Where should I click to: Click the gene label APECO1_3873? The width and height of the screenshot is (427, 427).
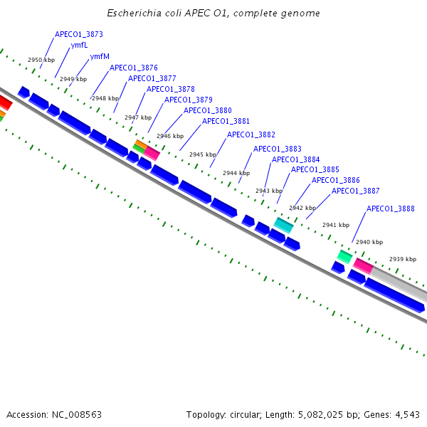coord(78,34)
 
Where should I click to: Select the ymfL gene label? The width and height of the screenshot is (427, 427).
coord(79,46)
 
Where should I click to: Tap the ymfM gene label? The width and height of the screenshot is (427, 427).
coord(100,57)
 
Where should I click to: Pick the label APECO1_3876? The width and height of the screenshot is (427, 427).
coord(133,68)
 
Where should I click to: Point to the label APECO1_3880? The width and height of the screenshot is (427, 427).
coord(208,110)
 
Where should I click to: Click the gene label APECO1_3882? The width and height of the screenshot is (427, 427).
coord(251,135)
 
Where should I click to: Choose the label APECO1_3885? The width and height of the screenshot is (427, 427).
coord(315,169)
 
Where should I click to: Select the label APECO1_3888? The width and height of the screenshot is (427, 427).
coord(390,209)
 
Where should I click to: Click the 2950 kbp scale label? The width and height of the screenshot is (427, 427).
coord(41,60)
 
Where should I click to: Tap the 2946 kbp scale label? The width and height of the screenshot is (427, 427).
coord(170,136)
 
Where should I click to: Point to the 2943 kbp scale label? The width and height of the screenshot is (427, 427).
coord(268,191)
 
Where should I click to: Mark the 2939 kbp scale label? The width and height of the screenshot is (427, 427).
coord(402,259)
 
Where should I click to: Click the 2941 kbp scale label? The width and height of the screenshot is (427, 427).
coord(336,225)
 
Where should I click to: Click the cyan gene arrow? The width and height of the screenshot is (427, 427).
coord(283,225)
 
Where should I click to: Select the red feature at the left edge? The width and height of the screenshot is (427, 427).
coord(4,102)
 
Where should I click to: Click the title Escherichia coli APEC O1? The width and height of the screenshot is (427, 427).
coord(213,14)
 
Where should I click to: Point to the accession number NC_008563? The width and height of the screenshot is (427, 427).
coord(75,414)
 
